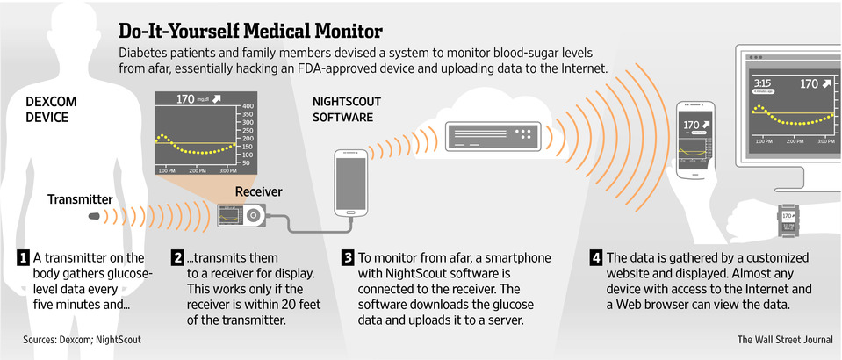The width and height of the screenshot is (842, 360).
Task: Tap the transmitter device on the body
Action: [93, 215]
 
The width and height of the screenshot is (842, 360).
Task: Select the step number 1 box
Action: [22, 258]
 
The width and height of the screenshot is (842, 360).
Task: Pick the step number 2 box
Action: [178, 258]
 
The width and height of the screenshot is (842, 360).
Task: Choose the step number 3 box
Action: [348, 258]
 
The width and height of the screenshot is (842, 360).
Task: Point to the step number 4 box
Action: [596, 258]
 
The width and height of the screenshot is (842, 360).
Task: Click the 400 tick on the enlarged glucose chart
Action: [246, 107]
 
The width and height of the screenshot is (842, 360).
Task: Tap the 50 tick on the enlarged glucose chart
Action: [244, 163]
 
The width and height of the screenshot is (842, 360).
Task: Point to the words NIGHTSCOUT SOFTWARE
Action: [343, 108]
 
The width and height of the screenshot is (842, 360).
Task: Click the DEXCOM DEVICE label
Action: [51, 109]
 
